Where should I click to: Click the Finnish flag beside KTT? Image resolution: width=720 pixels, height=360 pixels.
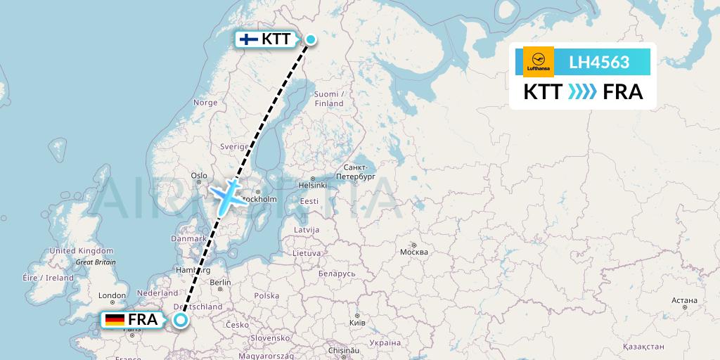pos(248,39)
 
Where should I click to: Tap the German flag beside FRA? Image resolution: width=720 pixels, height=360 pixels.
pos(115,321)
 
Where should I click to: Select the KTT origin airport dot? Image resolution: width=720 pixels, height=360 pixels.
pos(310,39)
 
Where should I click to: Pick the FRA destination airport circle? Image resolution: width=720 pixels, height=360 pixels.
pos(181,321)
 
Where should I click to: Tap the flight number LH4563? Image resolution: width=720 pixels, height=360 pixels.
pos(598,62)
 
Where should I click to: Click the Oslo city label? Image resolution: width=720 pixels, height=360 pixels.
pos(199,176)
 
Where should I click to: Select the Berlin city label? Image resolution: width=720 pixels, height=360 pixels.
pos(219,283)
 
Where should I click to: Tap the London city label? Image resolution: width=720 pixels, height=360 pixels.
pos(112,296)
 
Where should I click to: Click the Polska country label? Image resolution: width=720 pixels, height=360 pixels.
pos(266,296)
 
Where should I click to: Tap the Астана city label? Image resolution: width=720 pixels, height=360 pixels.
pos(683,300)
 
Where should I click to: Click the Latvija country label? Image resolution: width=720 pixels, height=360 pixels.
pos(307,230)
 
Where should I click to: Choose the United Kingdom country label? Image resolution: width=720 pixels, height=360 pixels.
pos(82,251)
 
